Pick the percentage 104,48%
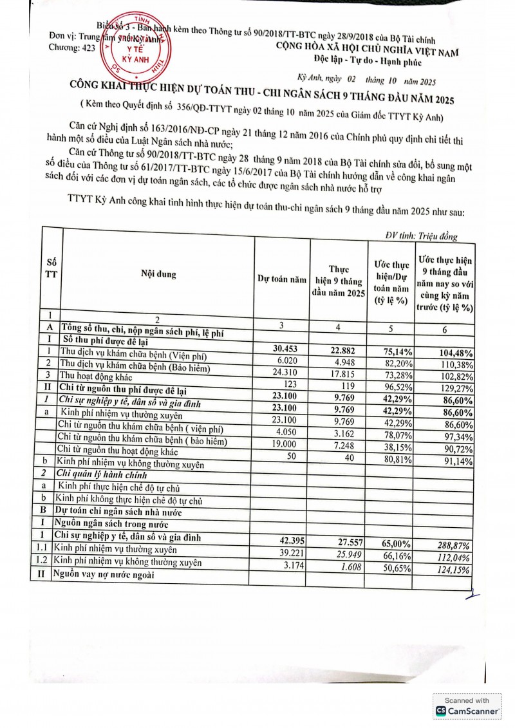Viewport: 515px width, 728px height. click(453, 353)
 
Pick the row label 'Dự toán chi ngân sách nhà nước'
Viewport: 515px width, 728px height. click(121, 512)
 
